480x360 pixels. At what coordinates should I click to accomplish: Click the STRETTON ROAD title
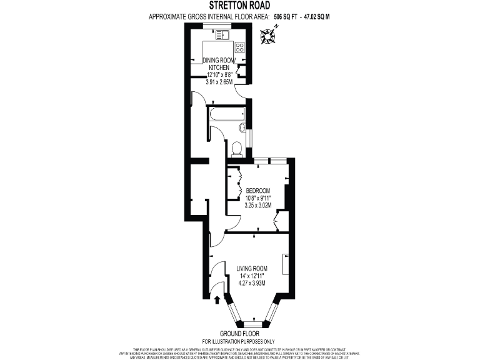tap(239, 6)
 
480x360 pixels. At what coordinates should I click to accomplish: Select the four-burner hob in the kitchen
tap(239, 47)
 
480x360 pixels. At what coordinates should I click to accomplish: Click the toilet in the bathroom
tap(236, 149)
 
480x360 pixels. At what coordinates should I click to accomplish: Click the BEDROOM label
tap(257, 191)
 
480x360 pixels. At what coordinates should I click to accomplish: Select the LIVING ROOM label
tap(252, 269)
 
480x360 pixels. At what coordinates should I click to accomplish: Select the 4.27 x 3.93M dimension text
tap(252, 282)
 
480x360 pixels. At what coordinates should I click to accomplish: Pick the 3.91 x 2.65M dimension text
tap(219, 81)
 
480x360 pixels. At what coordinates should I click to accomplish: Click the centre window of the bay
tap(251, 324)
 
